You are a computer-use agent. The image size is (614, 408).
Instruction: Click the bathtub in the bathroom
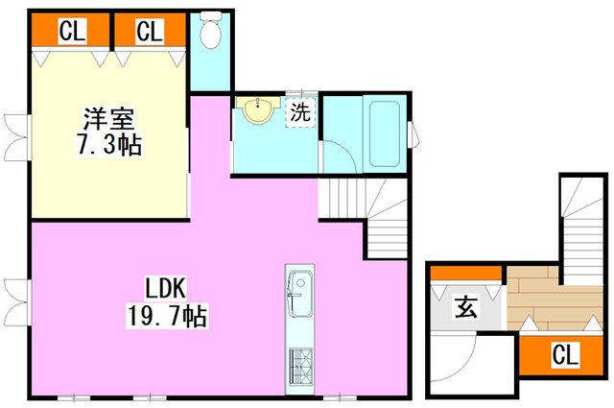pos(385,134)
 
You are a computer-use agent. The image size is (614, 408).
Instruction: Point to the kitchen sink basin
pos(300,294)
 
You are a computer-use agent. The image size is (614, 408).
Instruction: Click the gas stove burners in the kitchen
pos(300,367)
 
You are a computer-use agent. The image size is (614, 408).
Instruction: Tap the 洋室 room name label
pos(108,118)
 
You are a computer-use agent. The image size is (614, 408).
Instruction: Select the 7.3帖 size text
pos(108,145)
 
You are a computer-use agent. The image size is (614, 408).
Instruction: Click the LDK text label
pos(166,288)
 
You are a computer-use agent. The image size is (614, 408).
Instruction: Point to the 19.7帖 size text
pos(166,316)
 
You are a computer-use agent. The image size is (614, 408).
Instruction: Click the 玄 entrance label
pos(466,308)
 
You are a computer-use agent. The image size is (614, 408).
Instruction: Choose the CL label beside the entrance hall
pos(565,354)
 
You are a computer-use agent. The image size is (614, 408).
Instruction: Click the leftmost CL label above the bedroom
pos(72,31)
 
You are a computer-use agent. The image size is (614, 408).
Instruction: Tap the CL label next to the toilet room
pos(150,31)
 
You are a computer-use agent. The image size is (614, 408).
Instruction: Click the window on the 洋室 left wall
pos(17,137)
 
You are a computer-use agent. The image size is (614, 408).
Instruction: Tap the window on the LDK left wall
pos(17,301)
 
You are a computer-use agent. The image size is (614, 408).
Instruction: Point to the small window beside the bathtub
pos(413,134)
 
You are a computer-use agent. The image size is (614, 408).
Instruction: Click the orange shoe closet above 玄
pos(465,274)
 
